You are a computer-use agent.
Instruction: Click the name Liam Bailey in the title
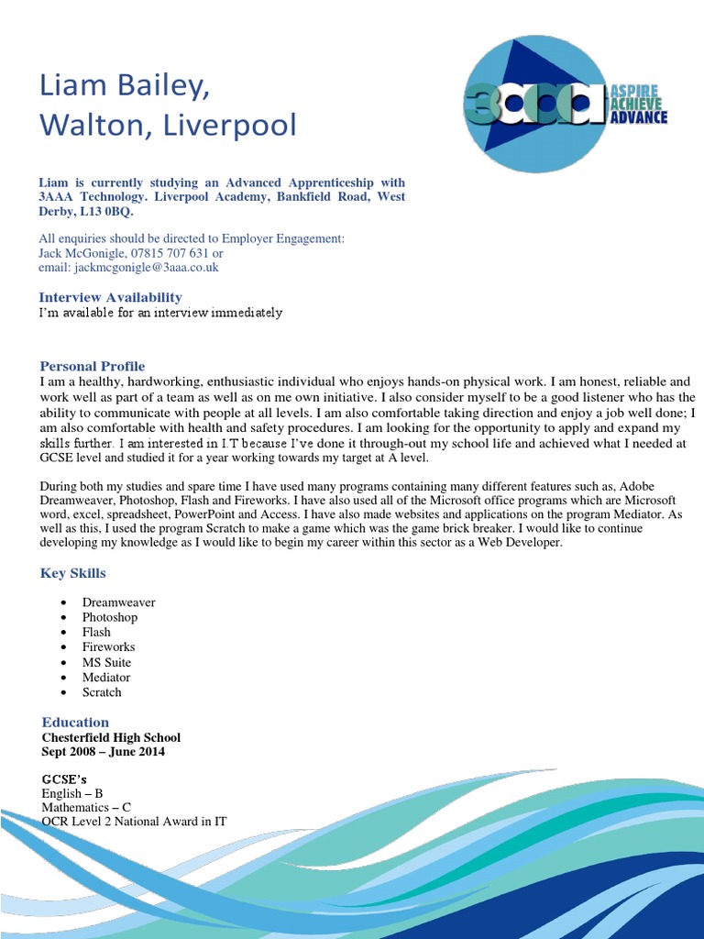click(x=124, y=85)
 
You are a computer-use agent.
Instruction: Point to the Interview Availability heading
click(x=110, y=297)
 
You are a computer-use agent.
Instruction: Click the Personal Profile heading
click(x=92, y=366)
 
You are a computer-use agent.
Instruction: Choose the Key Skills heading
click(x=73, y=573)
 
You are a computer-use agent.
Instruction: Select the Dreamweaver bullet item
click(x=118, y=602)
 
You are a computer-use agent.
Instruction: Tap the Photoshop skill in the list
click(x=110, y=617)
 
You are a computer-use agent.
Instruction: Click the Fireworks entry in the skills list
click(x=108, y=647)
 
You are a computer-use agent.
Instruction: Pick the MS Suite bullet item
click(x=106, y=662)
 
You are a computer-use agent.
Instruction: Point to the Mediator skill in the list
click(x=106, y=677)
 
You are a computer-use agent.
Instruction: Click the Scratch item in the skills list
click(x=102, y=692)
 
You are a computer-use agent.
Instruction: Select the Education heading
click(x=75, y=722)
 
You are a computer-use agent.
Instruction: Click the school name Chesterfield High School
click(x=111, y=737)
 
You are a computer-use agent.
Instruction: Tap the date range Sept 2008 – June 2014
click(x=104, y=752)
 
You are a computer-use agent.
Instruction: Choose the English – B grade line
click(x=71, y=793)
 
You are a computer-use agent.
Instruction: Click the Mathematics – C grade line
click(x=86, y=807)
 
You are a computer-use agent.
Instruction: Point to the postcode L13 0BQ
click(x=108, y=212)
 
